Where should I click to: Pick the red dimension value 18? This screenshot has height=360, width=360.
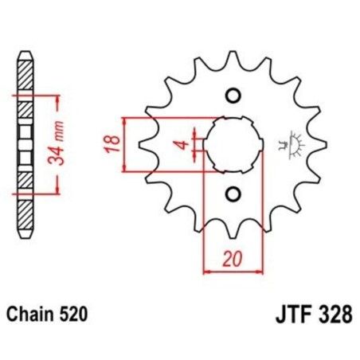(113, 143)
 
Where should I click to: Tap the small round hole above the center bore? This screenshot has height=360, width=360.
(233, 96)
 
